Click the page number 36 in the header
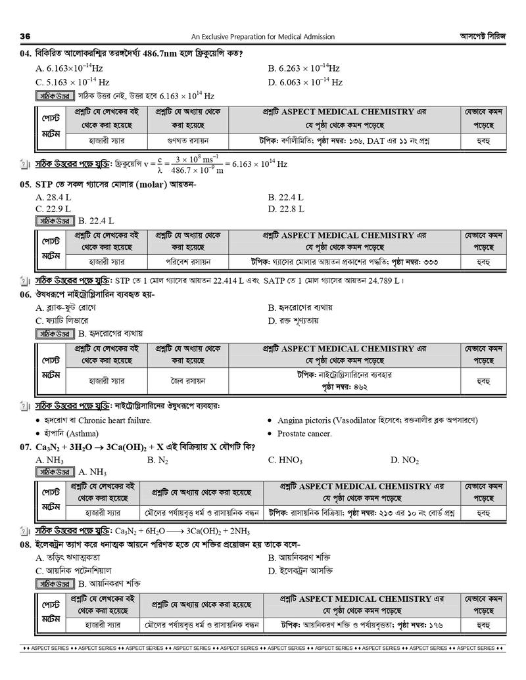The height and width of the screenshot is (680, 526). [x=26, y=36]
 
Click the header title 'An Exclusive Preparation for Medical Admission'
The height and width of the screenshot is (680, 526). [x=263, y=37]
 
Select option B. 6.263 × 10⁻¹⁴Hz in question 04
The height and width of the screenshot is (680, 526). [x=304, y=68]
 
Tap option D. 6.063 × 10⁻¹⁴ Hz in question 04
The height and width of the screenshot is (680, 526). [x=305, y=82]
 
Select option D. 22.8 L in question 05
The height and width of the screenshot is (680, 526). [x=286, y=209]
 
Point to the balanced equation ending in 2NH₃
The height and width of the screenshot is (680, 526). [x=182, y=531]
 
